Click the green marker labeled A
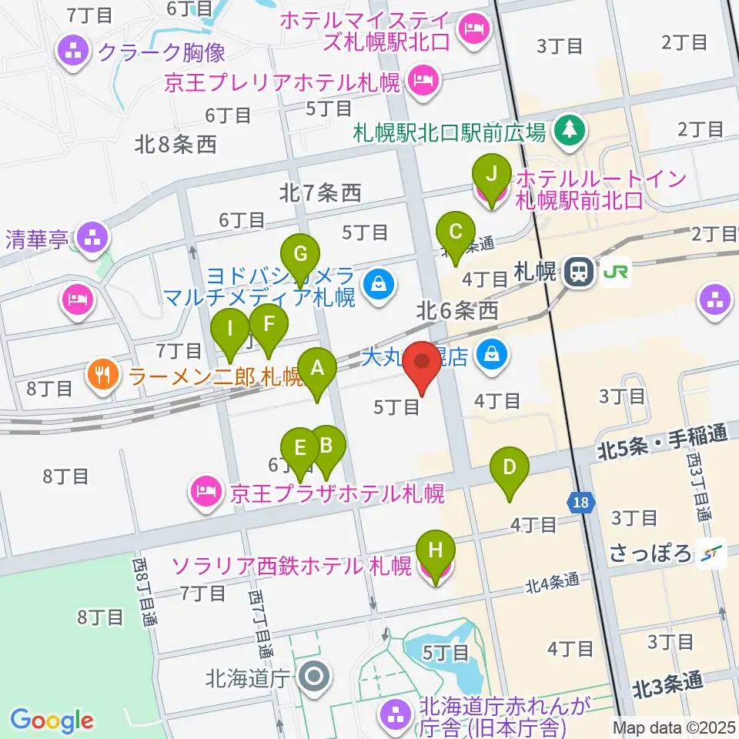pyautogui.click(x=317, y=368)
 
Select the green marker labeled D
pyautogui.click(x=510, y=467)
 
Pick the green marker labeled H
pyautogui.click(x=436, y=551)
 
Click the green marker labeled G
pyautogui.click(x=300, y=253)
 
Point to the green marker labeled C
pyautogui.click(x=455, y=231)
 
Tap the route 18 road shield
pyautogui.click(x=582, y=503)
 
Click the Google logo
pyautogui.click(x=52, y=720)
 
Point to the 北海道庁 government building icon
pyautogui.click(x=313, y=678)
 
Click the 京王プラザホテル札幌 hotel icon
pyautogui.click(x=207, y=490)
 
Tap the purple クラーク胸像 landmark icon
pyautogui.click(x=75, y=52)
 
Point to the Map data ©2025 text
pyautogui.click(x=673, y=727)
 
